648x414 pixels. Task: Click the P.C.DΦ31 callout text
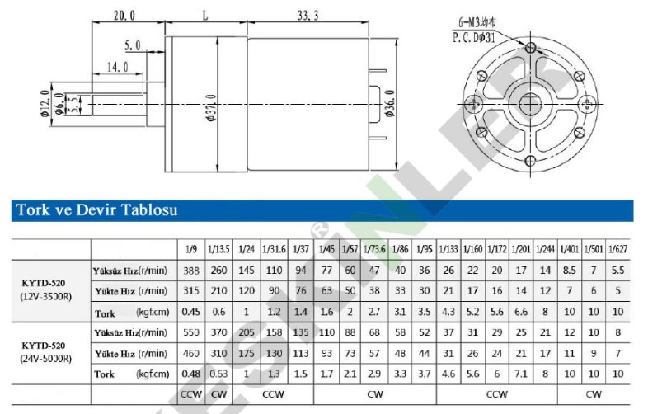tap(477, 37)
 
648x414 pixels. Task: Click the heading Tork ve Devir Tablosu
tap(96, 210)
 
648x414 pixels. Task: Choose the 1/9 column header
tap(190, 249)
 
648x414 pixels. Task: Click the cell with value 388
tap(191, 271)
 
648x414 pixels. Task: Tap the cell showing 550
tap(191, 332)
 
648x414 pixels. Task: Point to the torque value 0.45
tap(191, 312)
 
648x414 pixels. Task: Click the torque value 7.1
tap(521, 374)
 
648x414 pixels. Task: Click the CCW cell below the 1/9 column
tap(191, 394)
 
